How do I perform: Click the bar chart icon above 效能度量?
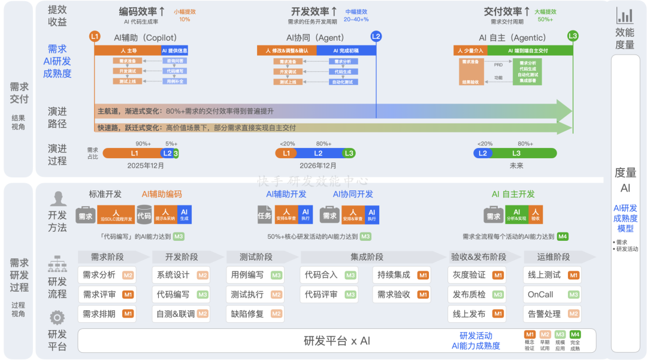pyautogui.click(x=625, y=16)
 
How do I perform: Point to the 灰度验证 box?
pyautogui.click(x=477, y=275)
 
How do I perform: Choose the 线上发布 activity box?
pyautogui.click(x=477, y=313)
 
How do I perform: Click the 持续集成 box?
pyautogui.click(x=402, y=275)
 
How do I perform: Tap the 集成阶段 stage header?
pyautogui.click(x=367, y=257)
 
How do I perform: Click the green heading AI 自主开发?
pyautogui.click(x=513, y=194)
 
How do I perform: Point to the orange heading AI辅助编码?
pyautogui.click(x=162, y=194)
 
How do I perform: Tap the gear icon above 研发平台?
pyautogui.click(x=57, y=317)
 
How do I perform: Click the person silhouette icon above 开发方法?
pyautogui.click(x=58, y=198)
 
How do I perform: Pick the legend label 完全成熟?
pyautogui.click(x=575, y=344)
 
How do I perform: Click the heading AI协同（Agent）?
pyautogui.click(x=315, y=37)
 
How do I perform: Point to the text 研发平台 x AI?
pyautogui.click(x=337, y=341)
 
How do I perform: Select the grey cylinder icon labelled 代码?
pyautogui.click(x=144, y=214)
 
